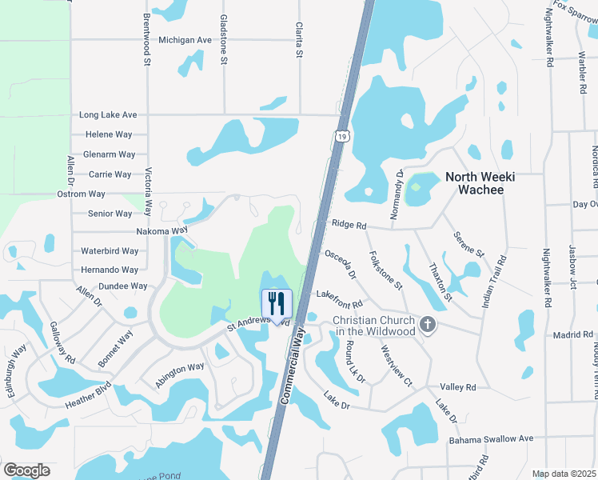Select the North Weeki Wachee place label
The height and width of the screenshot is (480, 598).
(x=474, y=183)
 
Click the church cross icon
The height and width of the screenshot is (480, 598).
(x=428, y=324)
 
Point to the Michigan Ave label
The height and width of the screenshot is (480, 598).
(x=185, y=39)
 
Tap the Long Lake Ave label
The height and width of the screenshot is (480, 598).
(x=108, y=115)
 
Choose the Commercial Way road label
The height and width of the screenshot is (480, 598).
(x=293, y=362)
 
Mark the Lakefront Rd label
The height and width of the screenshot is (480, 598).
(x=339, y=299)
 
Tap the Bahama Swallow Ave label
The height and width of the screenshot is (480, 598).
(x=490, y=439)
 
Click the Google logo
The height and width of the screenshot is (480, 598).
(x=26, y=470)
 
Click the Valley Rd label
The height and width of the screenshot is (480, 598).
(x=458, y=387)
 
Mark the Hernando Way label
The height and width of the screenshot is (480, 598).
(x=110, y=270)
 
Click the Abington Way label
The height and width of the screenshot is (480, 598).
(x=179, y=374)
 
